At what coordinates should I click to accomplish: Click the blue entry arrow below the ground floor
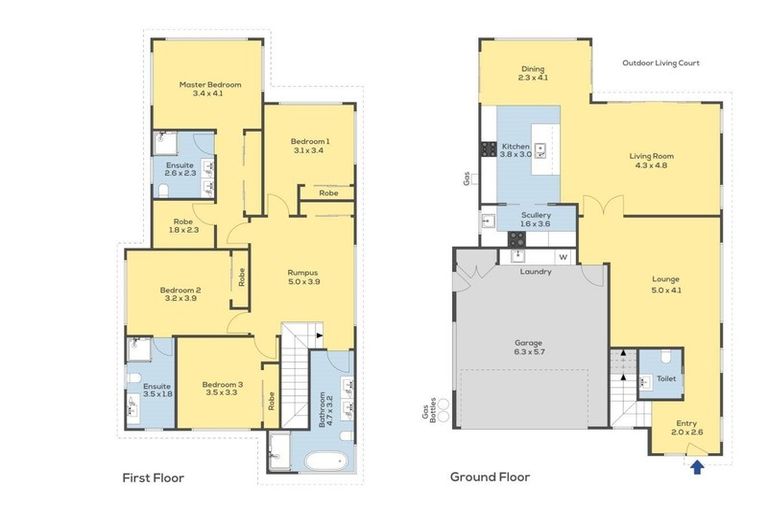point(697,466)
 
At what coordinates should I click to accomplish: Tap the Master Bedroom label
point(210,84)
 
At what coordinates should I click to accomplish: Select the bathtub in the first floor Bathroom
point(326,462)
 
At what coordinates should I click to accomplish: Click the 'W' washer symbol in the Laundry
point(563,257)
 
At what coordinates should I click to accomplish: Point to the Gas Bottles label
point(429,410)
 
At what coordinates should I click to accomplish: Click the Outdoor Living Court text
point(661,63)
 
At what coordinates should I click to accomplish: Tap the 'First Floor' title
point(153,478)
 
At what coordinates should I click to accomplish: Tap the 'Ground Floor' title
point(490,477)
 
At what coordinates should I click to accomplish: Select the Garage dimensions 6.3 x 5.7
point(529,351)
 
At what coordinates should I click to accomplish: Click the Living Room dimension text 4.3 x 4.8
point(651,165)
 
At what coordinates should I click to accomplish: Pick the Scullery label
point(536,215)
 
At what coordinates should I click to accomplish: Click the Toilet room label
point(666,378)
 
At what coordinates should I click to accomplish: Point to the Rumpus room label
point(303,272)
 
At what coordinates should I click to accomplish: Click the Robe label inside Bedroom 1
point(329,193)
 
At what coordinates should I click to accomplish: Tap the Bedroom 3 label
point(222,385)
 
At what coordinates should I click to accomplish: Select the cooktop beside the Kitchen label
point(488,149)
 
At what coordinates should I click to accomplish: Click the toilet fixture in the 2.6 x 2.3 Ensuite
point(164,190)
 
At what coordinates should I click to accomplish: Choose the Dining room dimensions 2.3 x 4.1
point(533,77)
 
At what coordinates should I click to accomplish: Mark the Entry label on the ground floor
point(687,423)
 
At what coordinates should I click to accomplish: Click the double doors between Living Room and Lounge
point(603,206)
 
